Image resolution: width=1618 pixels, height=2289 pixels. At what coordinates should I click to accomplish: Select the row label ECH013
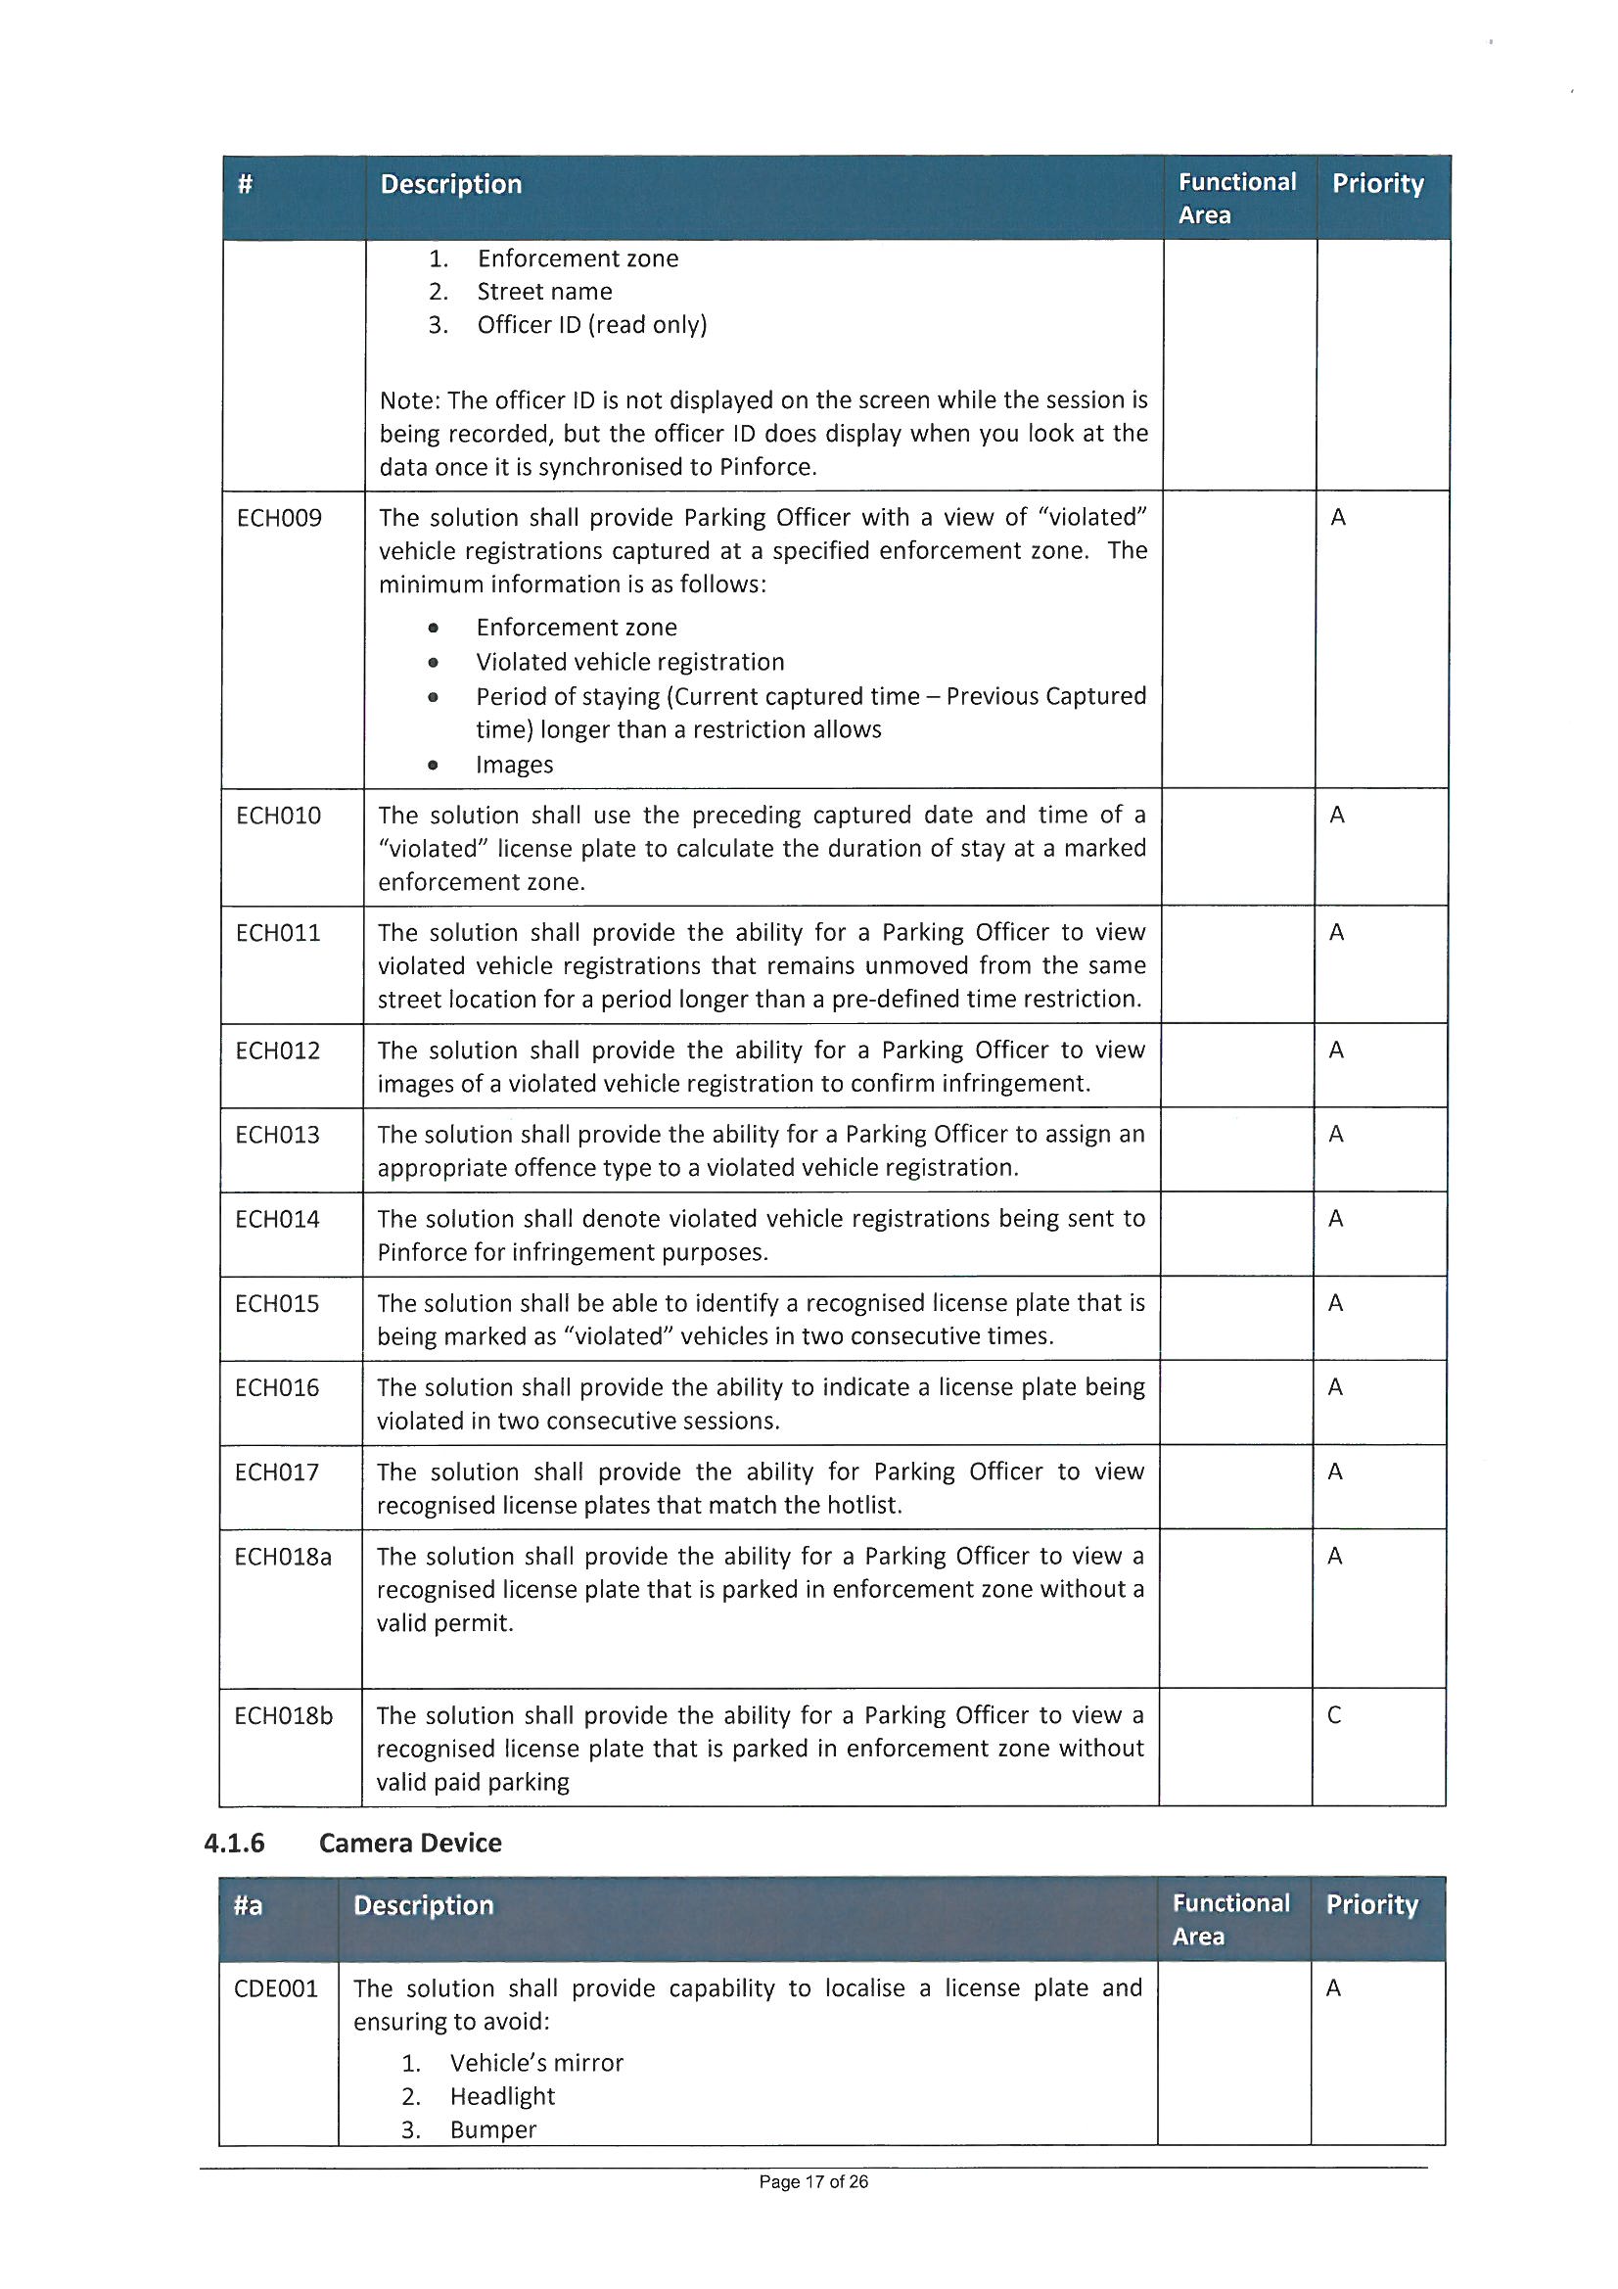coord(277,1135)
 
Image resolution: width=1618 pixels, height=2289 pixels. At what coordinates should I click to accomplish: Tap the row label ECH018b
coord(283,1715)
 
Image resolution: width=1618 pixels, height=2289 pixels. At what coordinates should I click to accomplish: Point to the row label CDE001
coord(275,1988)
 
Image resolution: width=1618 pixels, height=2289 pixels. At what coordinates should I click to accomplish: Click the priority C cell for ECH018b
coord(1334,1715)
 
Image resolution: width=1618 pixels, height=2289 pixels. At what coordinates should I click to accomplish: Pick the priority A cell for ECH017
coord(1335,1472)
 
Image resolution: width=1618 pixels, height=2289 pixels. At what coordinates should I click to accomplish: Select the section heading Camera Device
coord(410,1843)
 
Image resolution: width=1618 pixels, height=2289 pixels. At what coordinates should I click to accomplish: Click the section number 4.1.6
coord(234,1843)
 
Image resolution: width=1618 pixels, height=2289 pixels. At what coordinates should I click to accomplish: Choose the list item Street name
coord(544,292)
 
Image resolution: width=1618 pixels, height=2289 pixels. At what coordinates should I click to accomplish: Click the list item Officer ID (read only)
coord(591,325)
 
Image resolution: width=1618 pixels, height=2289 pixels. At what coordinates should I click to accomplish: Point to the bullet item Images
coord(515,765)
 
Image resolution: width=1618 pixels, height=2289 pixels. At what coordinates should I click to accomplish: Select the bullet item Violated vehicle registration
coord(630,662)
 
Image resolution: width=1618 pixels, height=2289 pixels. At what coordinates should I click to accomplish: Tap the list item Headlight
coord(502,2095)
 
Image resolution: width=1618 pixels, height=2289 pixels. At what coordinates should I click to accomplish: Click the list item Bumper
coord(492,2129)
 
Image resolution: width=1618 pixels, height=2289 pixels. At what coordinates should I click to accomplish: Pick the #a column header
coord(249,1905)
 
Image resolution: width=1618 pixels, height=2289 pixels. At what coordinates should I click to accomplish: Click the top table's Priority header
coord(1378,183)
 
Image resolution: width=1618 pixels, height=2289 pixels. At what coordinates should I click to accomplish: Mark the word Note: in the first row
coord(410,400)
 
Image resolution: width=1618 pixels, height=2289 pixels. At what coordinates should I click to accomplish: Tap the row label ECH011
coord(278,933)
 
